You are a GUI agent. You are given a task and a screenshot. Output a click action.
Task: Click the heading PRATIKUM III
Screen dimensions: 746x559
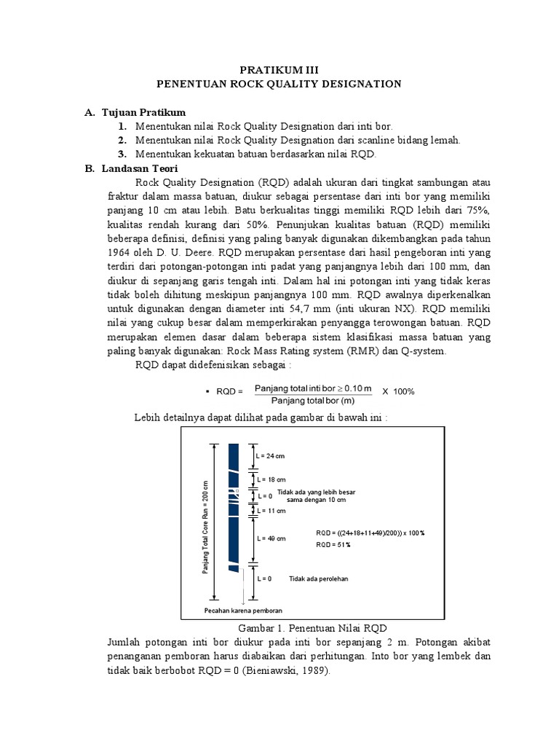[x=279, y=69]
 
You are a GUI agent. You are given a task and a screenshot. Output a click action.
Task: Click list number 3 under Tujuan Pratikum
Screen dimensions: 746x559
[x=123, y=154]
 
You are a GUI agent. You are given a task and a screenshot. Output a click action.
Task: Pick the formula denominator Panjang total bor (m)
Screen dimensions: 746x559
[x=313, y=399]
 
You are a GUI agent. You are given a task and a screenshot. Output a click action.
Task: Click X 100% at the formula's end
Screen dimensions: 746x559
[x=398, y=391]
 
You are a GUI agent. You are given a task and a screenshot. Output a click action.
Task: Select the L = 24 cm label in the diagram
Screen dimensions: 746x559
[x=270, y=456]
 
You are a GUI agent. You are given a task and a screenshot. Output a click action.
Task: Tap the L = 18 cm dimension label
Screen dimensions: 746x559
[x=270, y=480]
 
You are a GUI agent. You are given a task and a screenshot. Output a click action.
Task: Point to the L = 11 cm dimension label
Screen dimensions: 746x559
[x=270, y=511]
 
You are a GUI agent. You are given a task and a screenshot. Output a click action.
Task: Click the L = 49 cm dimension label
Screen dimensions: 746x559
[x=270, y=538]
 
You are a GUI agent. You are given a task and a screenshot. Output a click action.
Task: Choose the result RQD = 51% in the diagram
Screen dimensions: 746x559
[x=333, y=544]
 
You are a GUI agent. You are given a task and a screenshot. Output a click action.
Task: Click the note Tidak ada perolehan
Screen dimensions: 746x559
[x=319, y=578]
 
